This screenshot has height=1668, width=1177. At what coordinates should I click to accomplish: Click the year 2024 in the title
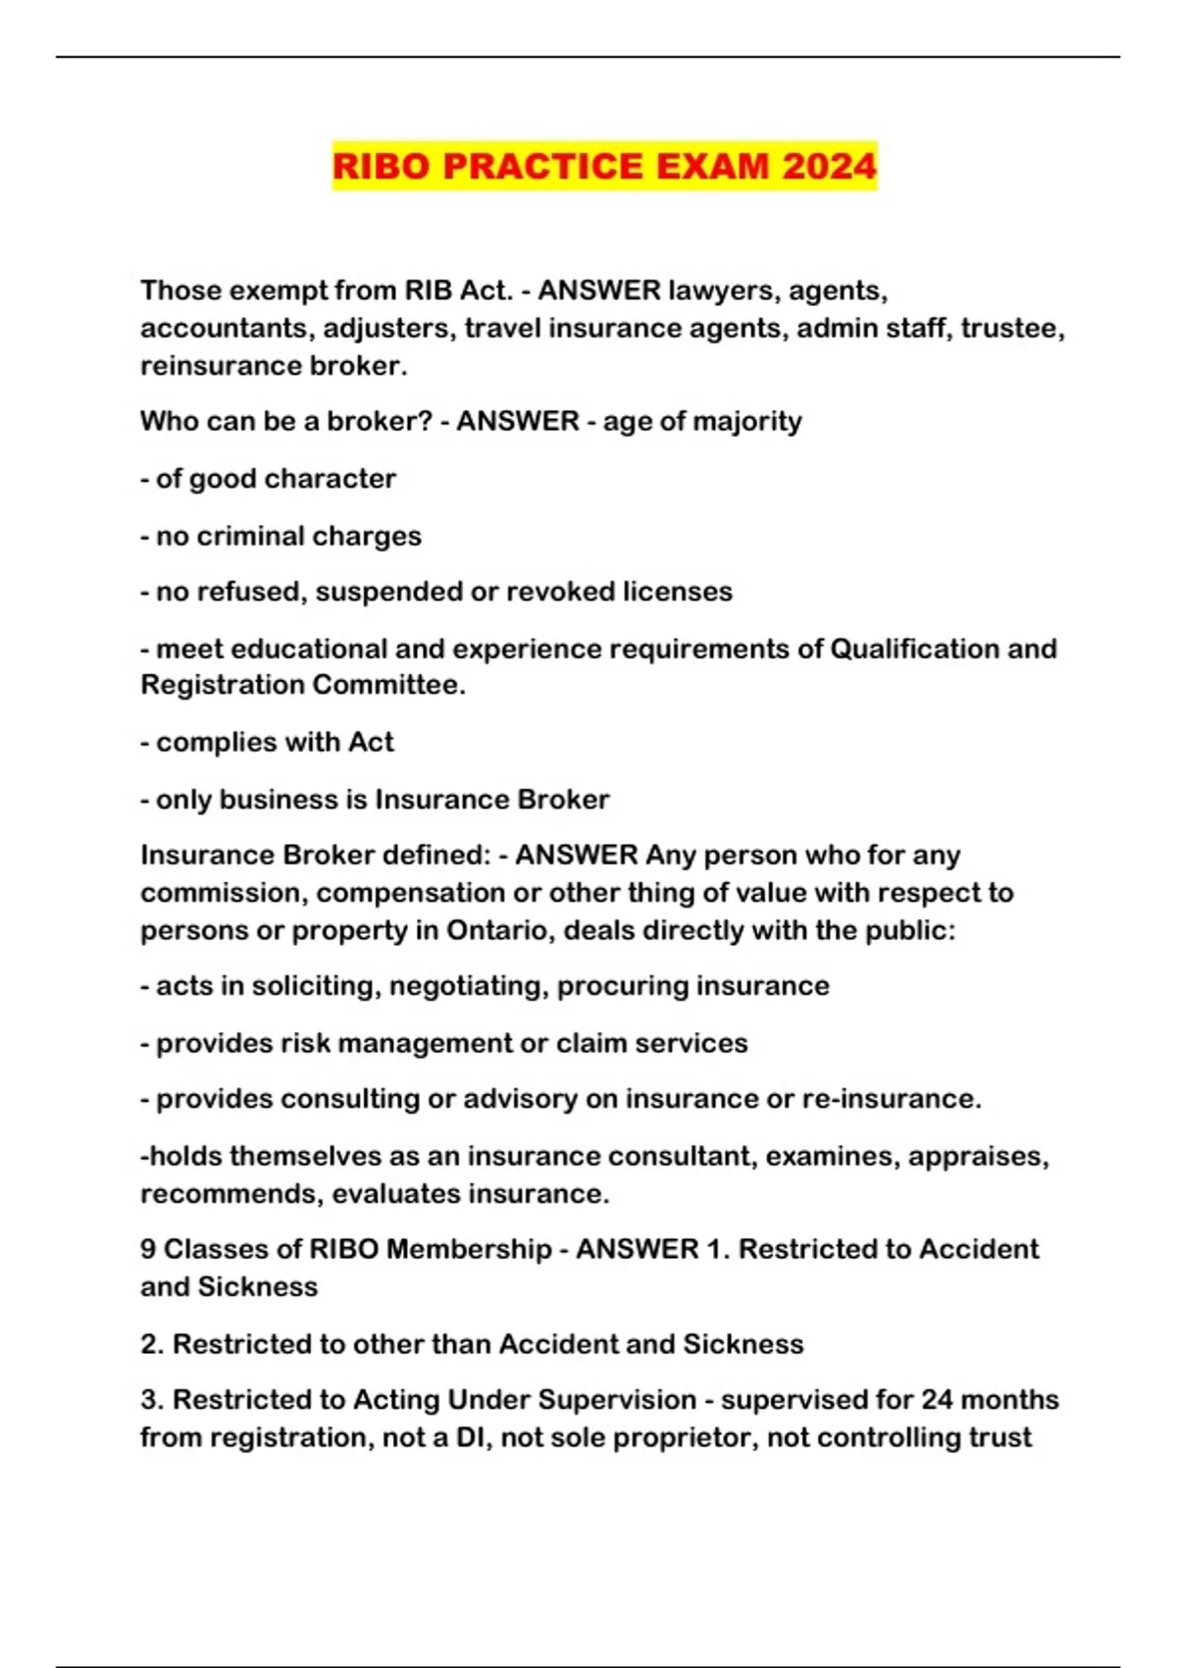click(x=829, y=166)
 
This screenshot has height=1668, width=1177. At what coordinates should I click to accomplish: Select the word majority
click(x=747, y=422)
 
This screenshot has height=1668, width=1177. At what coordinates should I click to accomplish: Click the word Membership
click(x=469, y=1249)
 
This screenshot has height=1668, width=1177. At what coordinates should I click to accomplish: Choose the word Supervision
click(x=617, y=1399)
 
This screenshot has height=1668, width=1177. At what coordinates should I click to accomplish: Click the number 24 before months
click(x=938, y=1399)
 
